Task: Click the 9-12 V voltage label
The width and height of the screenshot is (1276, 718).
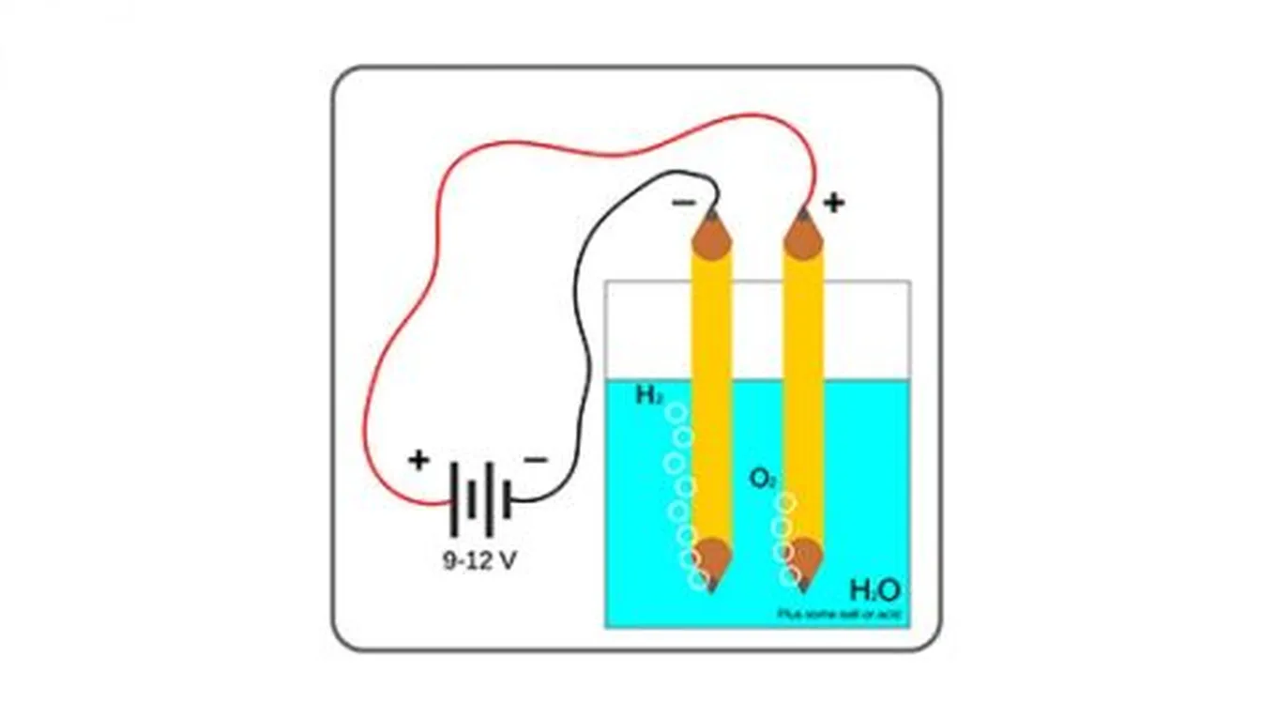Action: point(479,561)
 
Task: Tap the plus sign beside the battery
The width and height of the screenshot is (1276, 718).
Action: point(418,460)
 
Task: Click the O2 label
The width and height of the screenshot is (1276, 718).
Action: point(762,479)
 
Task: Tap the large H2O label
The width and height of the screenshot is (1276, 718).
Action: point(874,590)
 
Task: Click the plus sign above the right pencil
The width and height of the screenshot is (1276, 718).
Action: point(833,203)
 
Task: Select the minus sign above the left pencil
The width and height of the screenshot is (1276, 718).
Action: point(684,202)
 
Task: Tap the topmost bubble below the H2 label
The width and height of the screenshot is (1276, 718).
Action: point(675,413)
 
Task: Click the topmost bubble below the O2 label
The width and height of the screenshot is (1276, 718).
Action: point(786,502)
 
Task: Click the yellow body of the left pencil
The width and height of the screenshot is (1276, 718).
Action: point(711,394)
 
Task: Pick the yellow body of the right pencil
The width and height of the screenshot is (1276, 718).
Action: point(803,394)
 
